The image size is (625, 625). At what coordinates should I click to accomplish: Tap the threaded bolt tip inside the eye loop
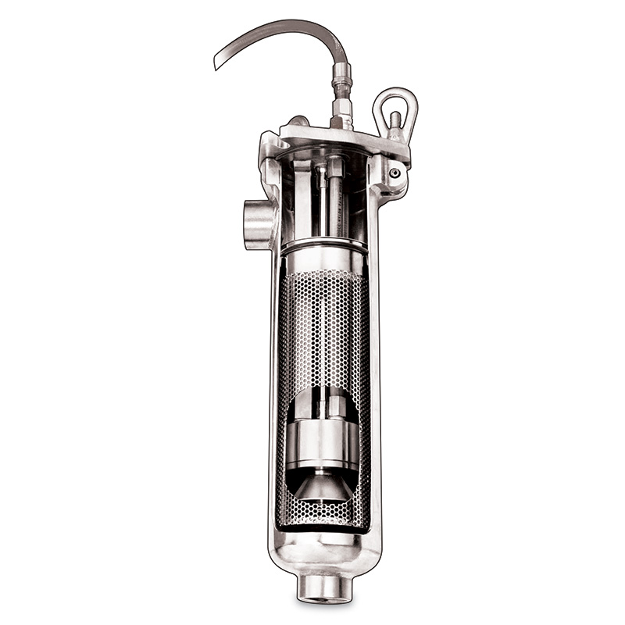click(395, 120)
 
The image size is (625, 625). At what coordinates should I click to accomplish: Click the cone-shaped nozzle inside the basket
click(323, 486)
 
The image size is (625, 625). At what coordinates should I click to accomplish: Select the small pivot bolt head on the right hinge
click(396, 173)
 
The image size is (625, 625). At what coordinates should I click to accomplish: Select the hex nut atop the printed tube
click(336, 166)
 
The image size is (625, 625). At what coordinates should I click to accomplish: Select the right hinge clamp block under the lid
click(388, 176)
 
